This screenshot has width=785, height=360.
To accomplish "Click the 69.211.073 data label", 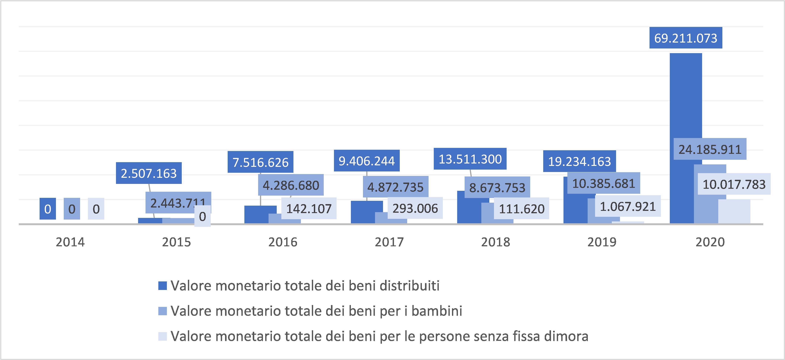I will (686, 38).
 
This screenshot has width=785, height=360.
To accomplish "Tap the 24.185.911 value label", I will (710, 149).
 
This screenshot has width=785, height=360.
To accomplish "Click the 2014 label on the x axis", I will (70, 242).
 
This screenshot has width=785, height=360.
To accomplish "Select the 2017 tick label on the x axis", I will (389, 242).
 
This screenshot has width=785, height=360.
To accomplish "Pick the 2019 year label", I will (602, 242).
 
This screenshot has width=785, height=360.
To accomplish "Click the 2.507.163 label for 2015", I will (149, 173).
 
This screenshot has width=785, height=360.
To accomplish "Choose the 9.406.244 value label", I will (367, 161).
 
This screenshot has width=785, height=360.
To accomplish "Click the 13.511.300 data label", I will (470, 159).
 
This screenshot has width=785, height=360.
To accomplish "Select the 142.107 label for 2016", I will (309, 209).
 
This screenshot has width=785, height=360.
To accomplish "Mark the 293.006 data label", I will (415, 208).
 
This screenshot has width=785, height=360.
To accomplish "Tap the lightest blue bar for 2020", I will (734, 212).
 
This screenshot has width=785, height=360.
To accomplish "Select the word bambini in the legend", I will (437, 311).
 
